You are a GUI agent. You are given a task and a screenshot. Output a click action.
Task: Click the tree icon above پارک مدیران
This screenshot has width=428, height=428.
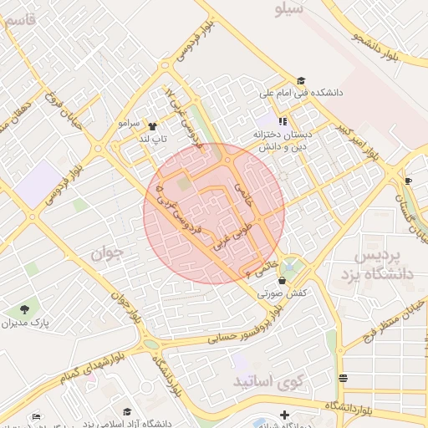(25, 308)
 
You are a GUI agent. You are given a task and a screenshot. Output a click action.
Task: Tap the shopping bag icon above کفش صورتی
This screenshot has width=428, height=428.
(282, 280)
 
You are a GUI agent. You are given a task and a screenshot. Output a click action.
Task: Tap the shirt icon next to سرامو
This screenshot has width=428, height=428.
(150, 124)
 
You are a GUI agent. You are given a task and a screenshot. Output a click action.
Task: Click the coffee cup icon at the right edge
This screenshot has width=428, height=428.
(408, 181)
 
